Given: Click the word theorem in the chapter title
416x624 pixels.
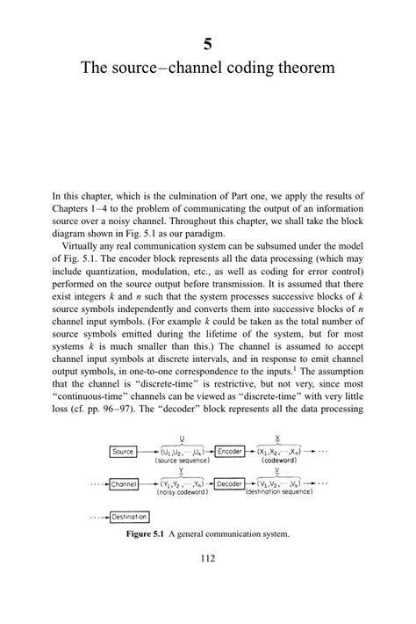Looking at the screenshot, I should [298, 68].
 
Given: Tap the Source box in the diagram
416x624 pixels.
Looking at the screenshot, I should [124, 451].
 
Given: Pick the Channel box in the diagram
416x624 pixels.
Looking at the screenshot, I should [125, 483].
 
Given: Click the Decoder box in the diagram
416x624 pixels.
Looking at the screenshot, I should [230, 483].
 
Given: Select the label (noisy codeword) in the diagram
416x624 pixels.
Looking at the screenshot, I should [182, 493].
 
